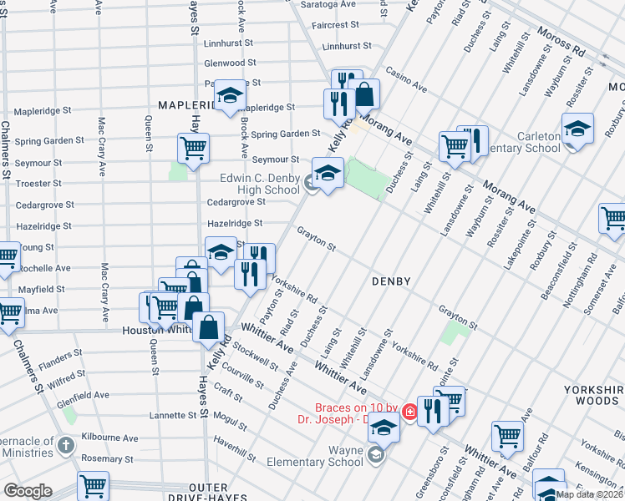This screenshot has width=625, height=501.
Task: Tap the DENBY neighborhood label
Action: (391, 281)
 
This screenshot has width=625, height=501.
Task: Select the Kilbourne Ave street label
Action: (109, 438)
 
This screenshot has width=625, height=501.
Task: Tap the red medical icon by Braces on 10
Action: (409, 411)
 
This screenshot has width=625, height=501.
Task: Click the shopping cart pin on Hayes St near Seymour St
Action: (193, 149)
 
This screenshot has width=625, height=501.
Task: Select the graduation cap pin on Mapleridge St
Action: (229, 95)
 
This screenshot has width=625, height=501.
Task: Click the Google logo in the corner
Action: (28, 491)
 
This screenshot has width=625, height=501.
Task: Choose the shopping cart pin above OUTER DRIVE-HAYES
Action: (93, 486)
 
